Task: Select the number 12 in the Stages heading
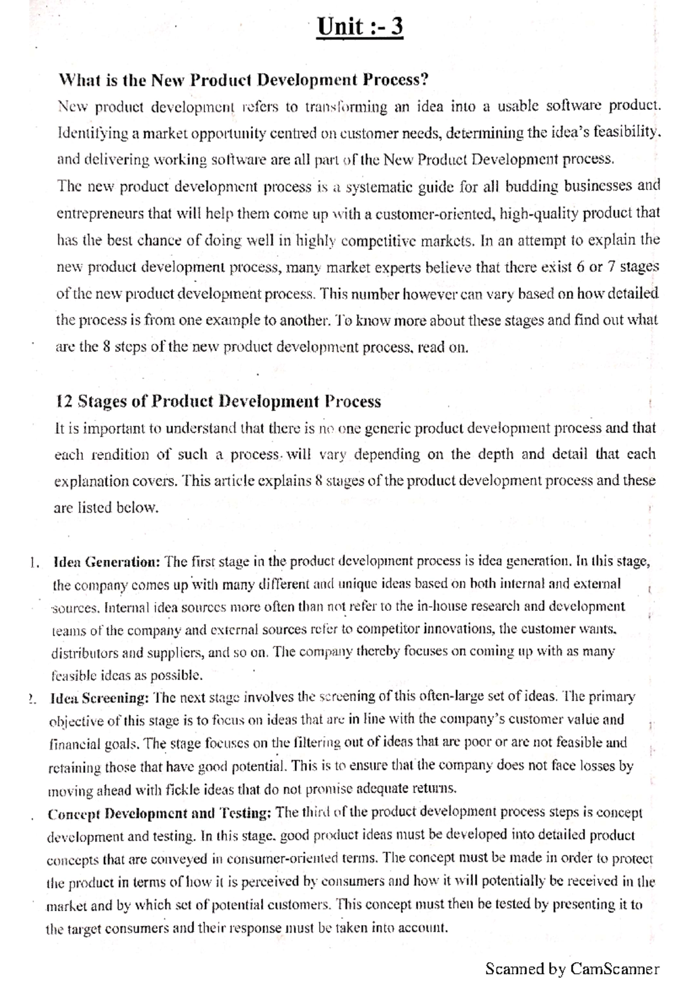tap(63, 402)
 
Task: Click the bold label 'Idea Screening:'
tap(100, 697)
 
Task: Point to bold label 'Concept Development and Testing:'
tap(159, 813)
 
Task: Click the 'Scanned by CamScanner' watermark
tap(572, 969)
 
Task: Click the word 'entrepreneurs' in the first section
tap(100, 214)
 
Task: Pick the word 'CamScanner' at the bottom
tap(615, 969)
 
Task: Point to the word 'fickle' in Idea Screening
tap(181, 790)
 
